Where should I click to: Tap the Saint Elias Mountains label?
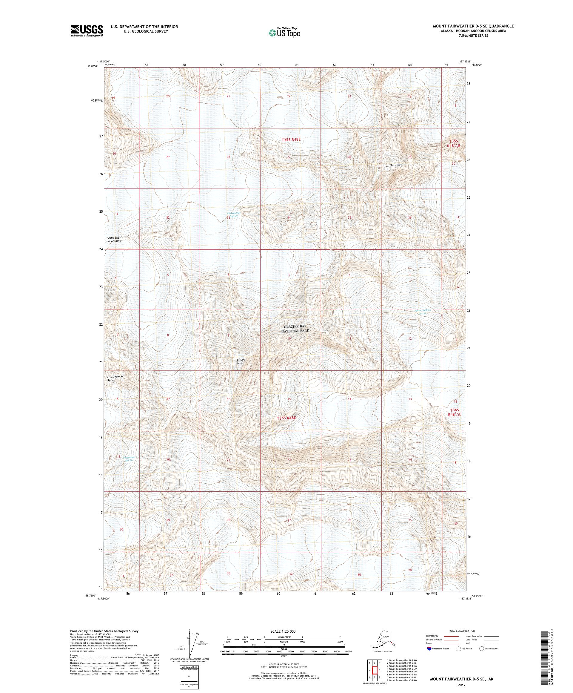point(113,239)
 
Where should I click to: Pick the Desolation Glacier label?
point(129,459)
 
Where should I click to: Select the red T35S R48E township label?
point(291,139)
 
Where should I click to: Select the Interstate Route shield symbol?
point(429,648)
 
